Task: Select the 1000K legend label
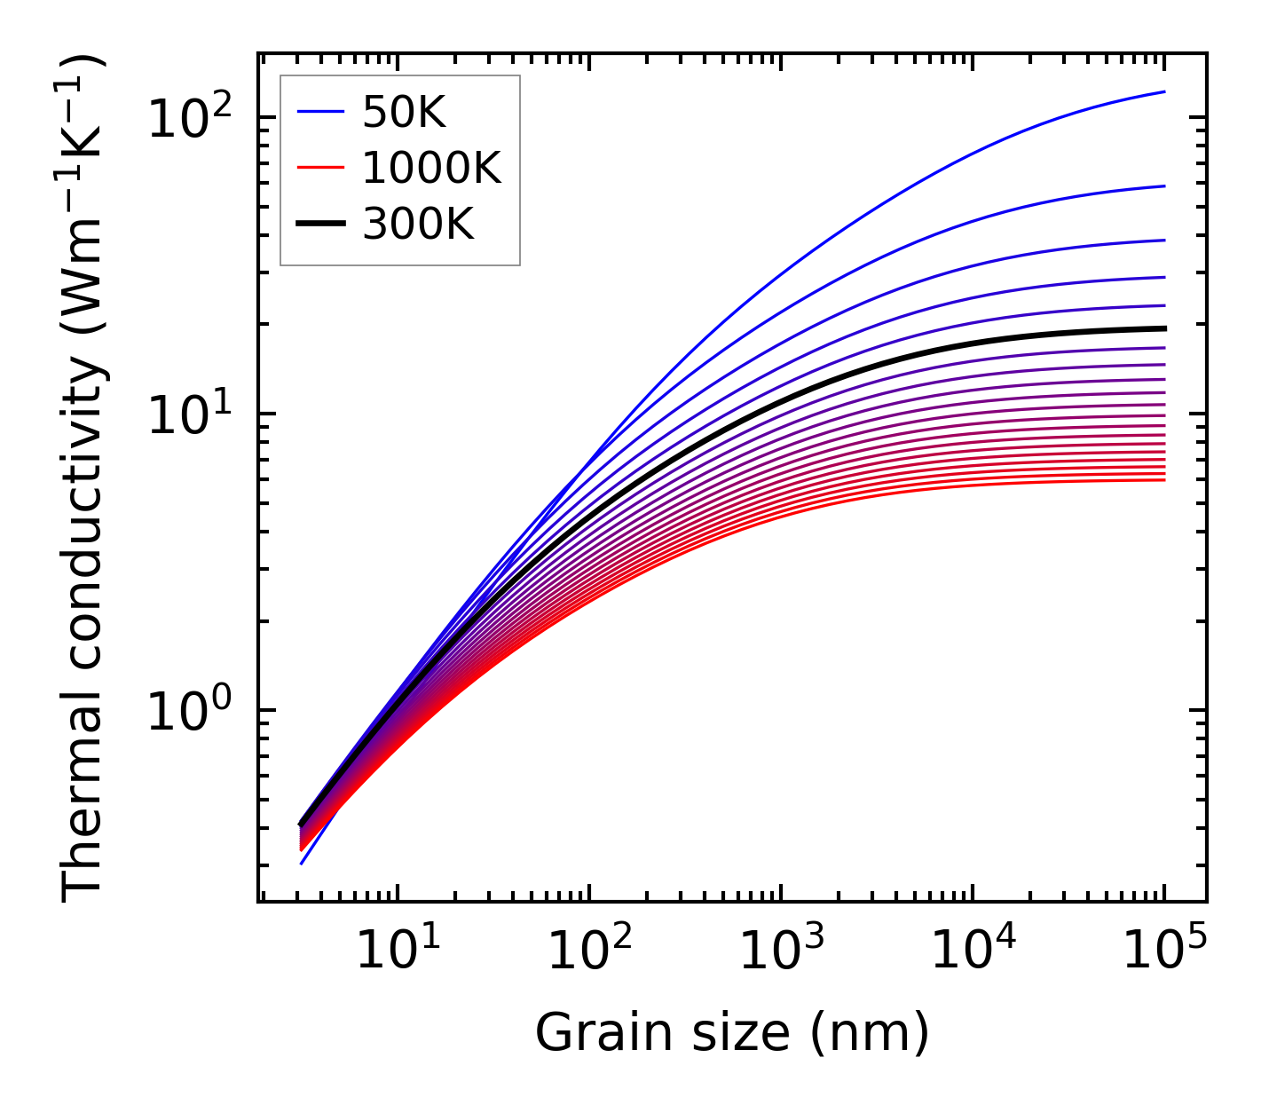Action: coord(431,168)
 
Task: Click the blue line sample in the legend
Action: coord(319,112)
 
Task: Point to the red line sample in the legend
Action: coord(319,168)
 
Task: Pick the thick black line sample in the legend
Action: coord(319,225)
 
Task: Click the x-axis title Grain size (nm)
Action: coord(732,1033)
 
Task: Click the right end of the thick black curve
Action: coord(1162,328)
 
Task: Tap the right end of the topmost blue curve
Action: coord(1162,91)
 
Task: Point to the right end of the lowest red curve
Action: coord(1162,480)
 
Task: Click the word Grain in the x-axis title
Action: coord(586,1033)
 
